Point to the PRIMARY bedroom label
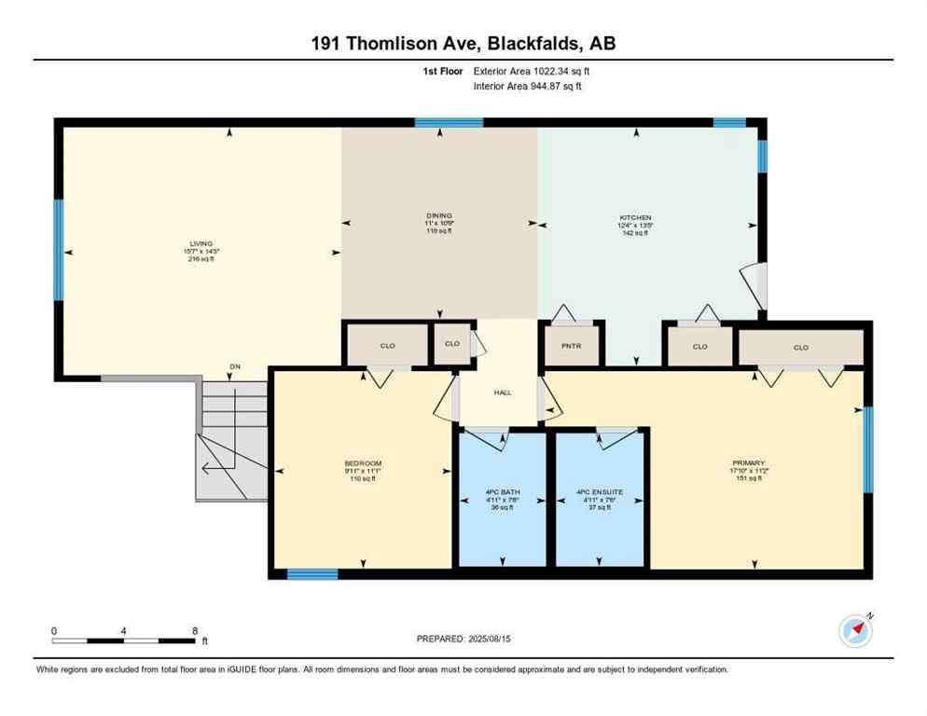point(748,462)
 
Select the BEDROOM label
point(363,463)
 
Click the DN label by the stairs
point(235,366)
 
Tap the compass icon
point(856,630)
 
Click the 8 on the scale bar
point(194,630)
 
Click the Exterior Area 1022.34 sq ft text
point(533,71)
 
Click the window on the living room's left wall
point(59,249)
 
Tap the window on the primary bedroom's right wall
point(868,449)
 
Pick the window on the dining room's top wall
point(449,122)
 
